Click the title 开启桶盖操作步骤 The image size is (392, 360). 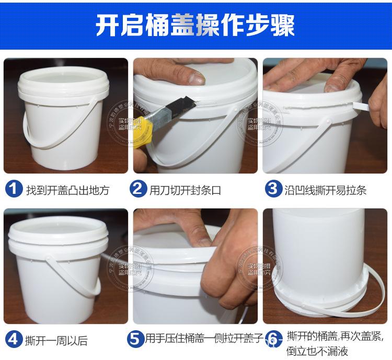pyautogui.click(x=195, y=25)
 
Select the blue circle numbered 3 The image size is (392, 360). pyautogui.click(x=272, y=189)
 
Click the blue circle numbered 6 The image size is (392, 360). pyautogui.click(x=272, y=338)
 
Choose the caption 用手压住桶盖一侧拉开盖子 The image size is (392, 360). pyautogui.click(x=204, y=338)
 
